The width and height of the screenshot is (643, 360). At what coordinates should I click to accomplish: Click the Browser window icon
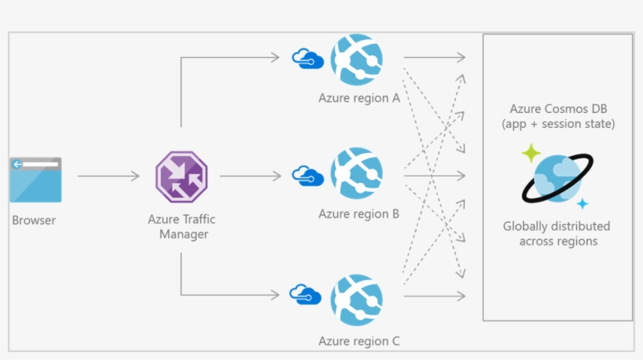[35, 180]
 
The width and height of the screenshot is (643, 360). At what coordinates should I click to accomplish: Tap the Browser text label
[35, 220]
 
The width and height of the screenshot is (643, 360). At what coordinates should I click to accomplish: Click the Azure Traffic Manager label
[181, 227]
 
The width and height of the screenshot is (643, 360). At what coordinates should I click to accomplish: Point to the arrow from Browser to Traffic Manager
[108, 176]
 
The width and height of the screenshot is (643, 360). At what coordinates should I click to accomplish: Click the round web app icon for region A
[355, 60]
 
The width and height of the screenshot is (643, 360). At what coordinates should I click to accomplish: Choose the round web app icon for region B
[355, 174]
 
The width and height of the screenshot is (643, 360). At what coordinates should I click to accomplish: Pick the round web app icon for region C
[355, 300]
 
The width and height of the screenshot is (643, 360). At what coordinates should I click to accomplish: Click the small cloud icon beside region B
[307, 175]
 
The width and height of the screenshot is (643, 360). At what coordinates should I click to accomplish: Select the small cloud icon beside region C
[305, 295]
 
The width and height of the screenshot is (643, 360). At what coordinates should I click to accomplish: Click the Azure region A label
[359, 99]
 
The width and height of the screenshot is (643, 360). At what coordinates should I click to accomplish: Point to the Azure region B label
[359, 213]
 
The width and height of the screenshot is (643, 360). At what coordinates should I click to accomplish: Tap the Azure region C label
[359, 341]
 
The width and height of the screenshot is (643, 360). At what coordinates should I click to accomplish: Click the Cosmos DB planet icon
[558, 178]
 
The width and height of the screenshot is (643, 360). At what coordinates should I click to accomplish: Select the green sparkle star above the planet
[531, 152]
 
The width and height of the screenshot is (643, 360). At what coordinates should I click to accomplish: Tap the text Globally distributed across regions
[557, 234]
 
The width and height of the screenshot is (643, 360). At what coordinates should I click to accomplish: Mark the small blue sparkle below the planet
[582, 204]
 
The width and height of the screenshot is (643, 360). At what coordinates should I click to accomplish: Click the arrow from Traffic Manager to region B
[249, 176]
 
